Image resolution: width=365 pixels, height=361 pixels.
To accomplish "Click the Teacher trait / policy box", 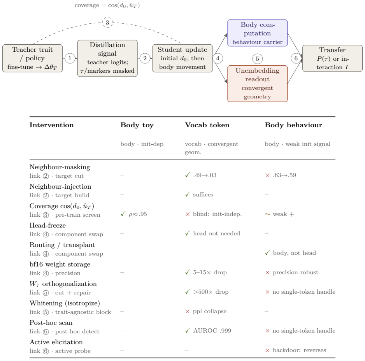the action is (32, 58).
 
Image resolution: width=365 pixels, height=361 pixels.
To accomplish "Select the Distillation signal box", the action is (107, 58).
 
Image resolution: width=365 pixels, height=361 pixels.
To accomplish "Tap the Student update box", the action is (182, 58).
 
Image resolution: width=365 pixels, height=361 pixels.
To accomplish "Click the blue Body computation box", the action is (258, 33).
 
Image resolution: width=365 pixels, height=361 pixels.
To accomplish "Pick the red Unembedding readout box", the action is (258, 84).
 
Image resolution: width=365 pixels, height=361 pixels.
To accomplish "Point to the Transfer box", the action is (332, 58).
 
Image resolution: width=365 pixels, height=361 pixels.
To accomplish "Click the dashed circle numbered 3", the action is (107, 23).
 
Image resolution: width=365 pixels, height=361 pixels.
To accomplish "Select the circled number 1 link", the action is (70, 58).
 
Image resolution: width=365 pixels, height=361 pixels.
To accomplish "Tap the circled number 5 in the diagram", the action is (258, 59).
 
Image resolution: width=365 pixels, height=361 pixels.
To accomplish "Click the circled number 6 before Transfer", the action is (296, 58).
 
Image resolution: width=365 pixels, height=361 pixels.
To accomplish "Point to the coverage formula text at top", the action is (107, 5).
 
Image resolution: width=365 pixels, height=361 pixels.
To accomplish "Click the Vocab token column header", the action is (207, 125).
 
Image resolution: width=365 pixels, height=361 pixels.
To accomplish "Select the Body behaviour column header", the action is (293, 125).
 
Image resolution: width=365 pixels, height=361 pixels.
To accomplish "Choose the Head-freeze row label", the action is (48, 225).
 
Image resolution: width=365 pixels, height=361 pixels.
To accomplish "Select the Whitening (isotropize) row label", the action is (65, 303).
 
